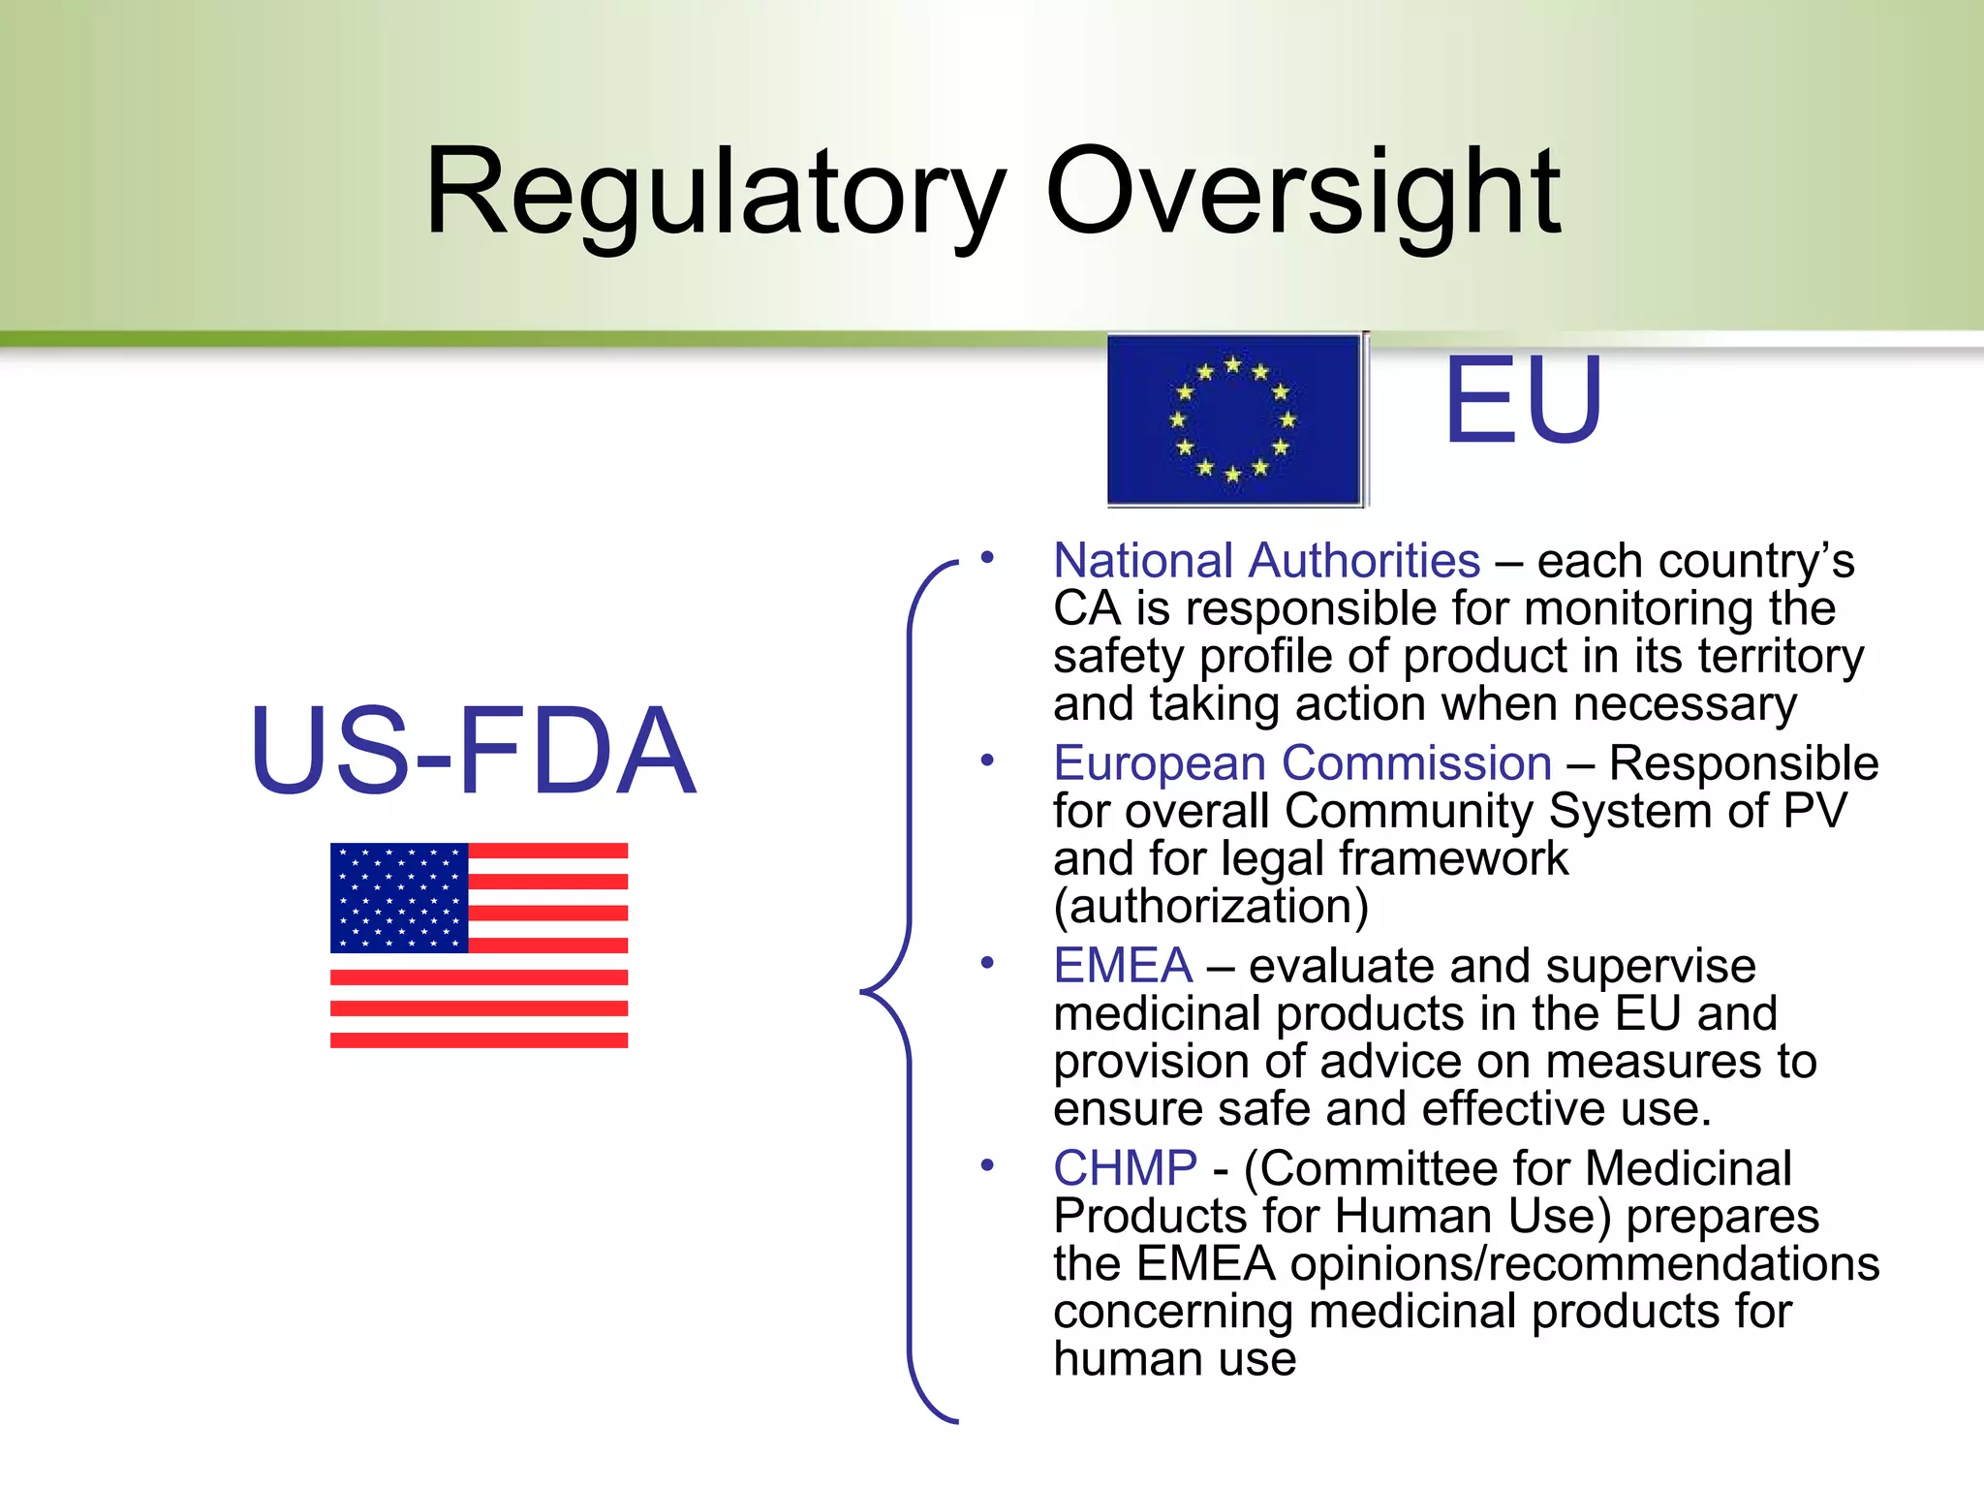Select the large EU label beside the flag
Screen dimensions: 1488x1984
click(x=1523, y=400)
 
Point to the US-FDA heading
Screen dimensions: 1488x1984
click(x=473, y=750)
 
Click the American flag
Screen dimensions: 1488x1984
click(x=479, y=945)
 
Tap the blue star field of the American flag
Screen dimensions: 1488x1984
click(x=399, y=897)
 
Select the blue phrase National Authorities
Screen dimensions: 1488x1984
click(x=1266, y=561)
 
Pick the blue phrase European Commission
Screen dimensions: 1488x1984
click(x=1302, y=763)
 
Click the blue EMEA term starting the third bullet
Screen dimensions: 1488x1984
click(x=1123, y=966)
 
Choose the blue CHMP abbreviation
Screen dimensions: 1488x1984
click(x=1125, y=1168)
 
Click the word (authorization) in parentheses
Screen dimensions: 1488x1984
click(x=1211, y=906)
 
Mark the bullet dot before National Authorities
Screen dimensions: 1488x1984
click(x=987, y=557)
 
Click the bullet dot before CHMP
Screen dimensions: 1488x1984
click(x=987, y=1164)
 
